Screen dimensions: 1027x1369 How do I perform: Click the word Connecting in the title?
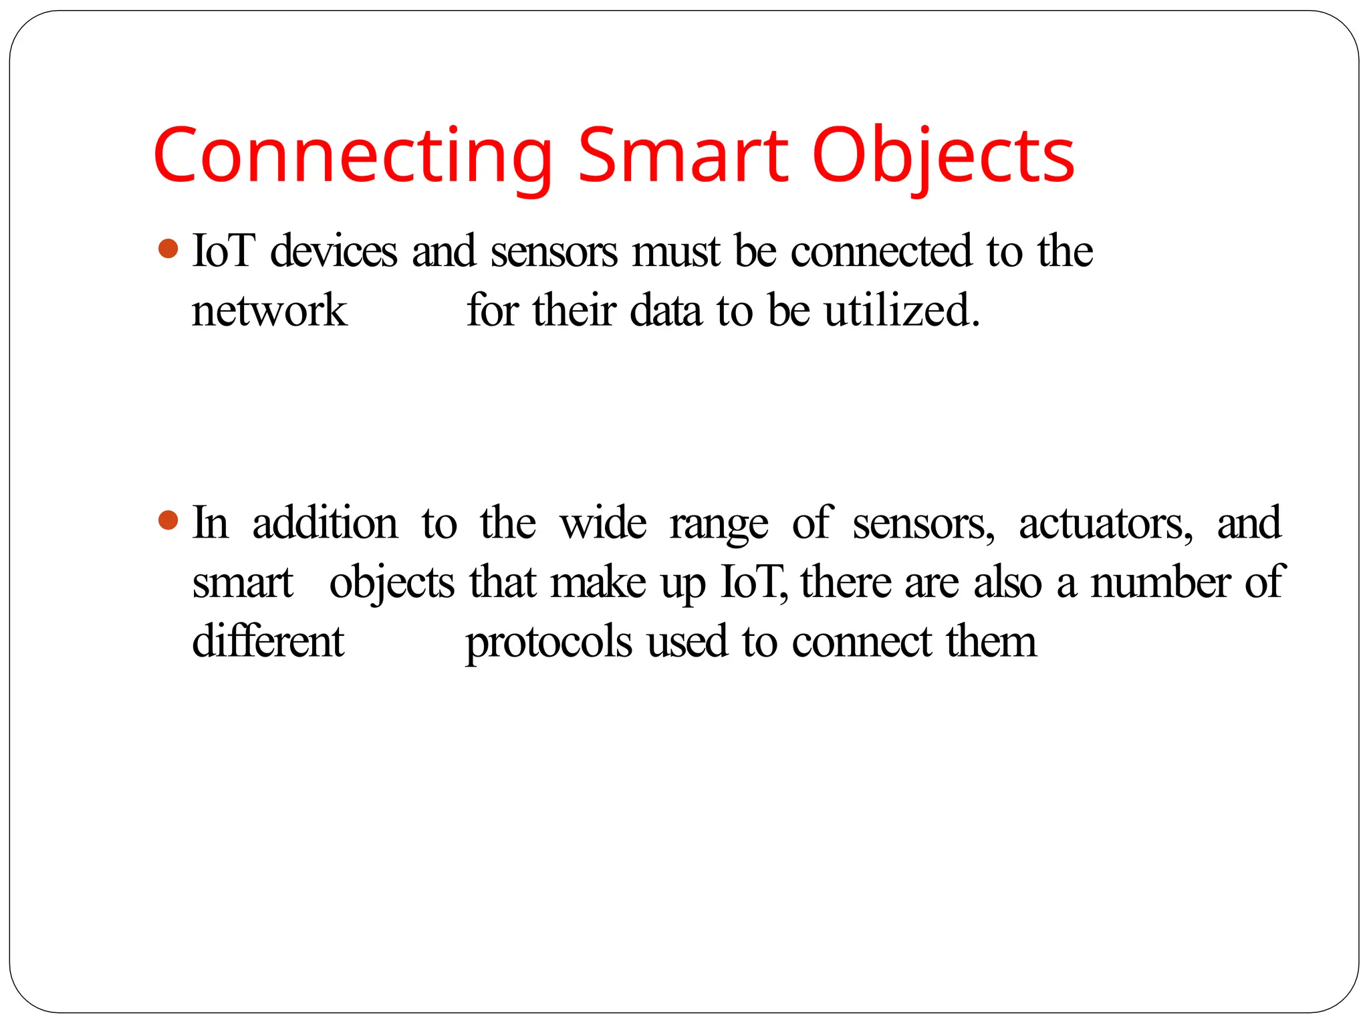352,157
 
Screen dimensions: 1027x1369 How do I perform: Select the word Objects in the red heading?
943,157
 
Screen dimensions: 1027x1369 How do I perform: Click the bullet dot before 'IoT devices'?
168,249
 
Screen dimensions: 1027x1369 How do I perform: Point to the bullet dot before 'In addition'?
168,520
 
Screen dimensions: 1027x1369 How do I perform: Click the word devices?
334,251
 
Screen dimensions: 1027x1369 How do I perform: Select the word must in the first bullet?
676,253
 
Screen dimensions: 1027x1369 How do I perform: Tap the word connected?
881,251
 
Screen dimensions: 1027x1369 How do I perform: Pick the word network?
269,312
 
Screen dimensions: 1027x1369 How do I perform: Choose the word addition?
325,523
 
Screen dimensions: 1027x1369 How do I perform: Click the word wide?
603,523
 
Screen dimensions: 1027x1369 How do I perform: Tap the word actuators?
1105,524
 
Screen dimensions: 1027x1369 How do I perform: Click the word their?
574,311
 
